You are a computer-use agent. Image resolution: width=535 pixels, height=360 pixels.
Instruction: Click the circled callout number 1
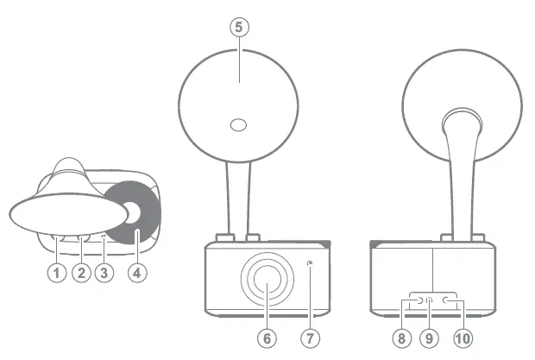(x=57, y=274)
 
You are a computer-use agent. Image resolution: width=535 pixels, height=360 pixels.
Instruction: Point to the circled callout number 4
(x=136, y=274)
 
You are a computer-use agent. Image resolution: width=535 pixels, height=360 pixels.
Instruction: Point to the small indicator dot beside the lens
(x=310, y=263)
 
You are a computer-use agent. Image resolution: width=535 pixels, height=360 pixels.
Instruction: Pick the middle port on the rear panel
(x=430, y=300)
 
